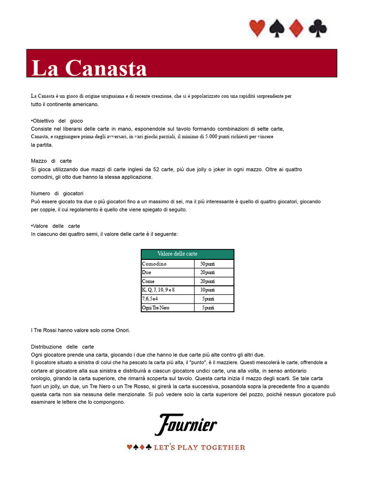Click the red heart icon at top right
(257, 28)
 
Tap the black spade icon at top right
(277, 29)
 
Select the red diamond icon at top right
(297, 28)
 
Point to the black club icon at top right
(318, 29)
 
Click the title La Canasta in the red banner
(89, 68)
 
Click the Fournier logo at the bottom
(186, 424)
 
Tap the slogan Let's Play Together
(186, 447)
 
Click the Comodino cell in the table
(154, 264)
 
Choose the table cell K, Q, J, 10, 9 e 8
(159, 290)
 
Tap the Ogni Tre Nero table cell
(156, 307)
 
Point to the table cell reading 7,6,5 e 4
(150, 299)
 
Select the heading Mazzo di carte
(51, 161)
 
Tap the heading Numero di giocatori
(57, 193)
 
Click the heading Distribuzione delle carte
(62, 346)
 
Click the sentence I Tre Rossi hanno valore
(80, 330)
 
